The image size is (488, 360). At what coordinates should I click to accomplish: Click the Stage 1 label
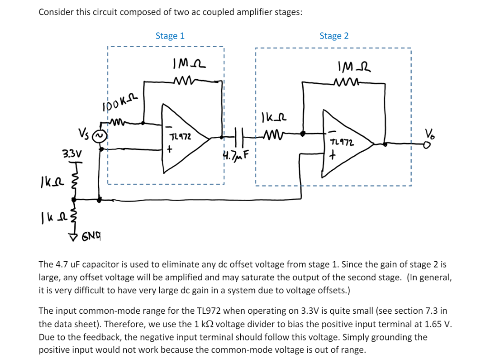[x=170, y=36]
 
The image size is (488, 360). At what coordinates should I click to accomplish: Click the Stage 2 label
[x=334, y=36]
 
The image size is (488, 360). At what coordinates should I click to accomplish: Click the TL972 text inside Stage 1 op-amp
[x=180, y=136]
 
